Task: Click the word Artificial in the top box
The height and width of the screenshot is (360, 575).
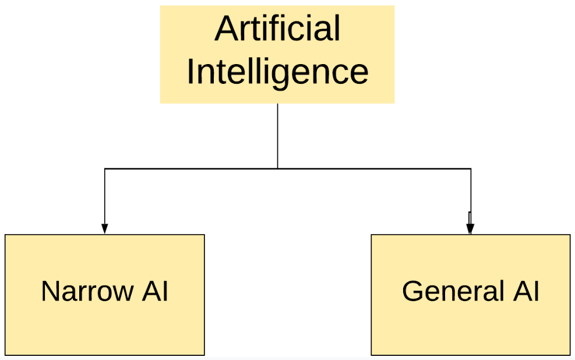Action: click(x=277, y=29)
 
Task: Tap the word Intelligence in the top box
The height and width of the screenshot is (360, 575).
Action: click(x=277, y=72)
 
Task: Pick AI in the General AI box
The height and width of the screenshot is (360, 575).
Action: click(x=526, y=291)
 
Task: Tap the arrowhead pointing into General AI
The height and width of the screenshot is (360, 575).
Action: click(x=470, y=228)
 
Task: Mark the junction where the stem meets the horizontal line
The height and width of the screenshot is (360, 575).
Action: click(x=277, y=169)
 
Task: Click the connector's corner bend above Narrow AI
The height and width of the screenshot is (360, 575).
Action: click(x=105, y=169)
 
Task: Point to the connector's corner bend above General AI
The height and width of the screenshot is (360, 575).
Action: click(x=471, y=169)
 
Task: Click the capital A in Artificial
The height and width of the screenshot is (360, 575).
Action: click(x=224, y=29)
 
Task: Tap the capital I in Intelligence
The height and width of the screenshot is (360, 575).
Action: click(x=190, y=72)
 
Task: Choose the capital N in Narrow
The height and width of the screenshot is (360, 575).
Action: click(x=50, y=291)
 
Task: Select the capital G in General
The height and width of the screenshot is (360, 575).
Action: click(x=412, y=291)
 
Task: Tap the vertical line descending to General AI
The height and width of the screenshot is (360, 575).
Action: click(x=471, y=192)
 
